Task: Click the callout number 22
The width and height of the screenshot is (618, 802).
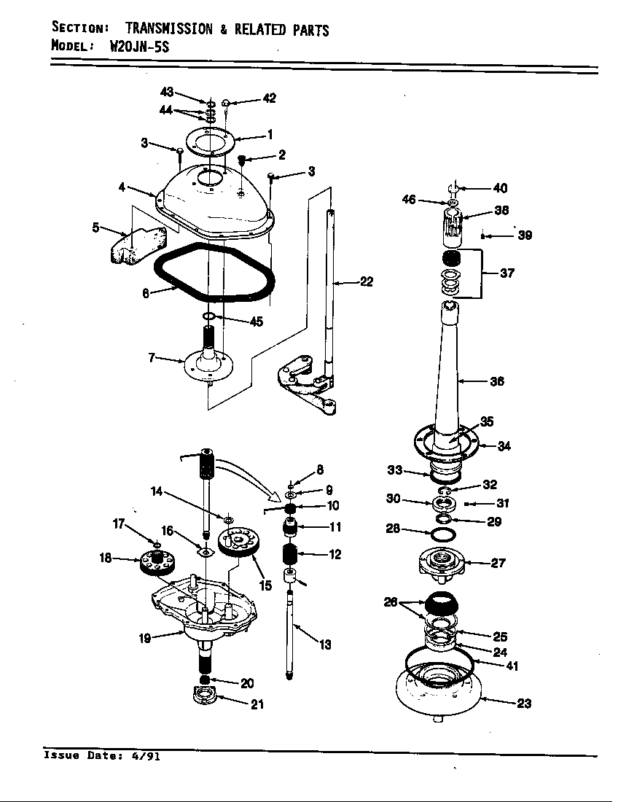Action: coord(367,282)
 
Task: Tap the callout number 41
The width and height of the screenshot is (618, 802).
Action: coord(512,666)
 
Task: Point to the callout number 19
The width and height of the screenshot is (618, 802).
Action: coord(145,639)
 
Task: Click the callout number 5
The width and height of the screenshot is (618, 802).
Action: coord(95,227)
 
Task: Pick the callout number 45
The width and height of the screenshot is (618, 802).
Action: coord(256,322)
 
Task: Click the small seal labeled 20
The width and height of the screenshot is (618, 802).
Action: coord(206,680)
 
